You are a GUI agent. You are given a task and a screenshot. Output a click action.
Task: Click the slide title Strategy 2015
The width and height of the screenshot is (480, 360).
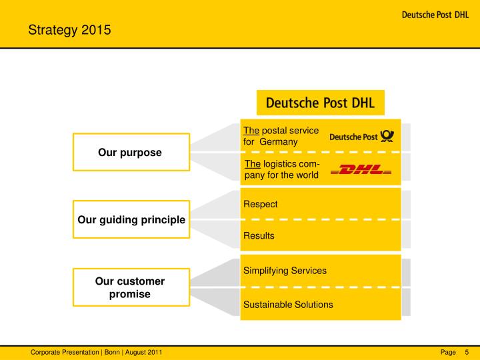(69, 29)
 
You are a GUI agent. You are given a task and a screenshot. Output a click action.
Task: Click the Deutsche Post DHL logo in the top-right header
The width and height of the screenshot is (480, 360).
(435, 15)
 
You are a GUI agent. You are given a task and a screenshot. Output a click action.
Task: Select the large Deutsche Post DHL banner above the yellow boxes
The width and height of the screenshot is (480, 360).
(320, 103)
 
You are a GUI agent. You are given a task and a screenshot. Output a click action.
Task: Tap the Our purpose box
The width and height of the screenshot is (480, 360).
(130, 153)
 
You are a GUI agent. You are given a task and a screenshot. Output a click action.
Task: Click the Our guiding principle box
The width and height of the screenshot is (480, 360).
(131, 219)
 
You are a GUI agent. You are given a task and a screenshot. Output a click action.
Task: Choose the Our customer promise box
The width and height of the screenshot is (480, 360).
(130, 287)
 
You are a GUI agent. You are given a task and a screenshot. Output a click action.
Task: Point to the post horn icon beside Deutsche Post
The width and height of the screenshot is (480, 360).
(387, 137)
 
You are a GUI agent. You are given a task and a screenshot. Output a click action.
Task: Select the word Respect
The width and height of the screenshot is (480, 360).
(260, 204)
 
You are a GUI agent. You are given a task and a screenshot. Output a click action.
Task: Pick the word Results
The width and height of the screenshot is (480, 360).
(259, 235)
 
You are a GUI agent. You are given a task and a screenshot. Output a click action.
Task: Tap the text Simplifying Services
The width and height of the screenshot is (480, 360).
(285, 270)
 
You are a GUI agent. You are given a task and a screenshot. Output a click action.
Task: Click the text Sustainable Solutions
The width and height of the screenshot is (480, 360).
(288, 305)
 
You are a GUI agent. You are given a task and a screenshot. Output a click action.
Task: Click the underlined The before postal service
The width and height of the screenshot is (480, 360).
(251, 131)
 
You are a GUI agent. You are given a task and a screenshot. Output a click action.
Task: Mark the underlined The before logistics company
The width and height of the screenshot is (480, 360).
(253, 164)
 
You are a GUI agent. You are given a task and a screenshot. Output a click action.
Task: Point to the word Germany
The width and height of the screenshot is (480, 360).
(279, 142)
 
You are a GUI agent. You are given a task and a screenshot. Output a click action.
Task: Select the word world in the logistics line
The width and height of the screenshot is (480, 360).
(307, 175)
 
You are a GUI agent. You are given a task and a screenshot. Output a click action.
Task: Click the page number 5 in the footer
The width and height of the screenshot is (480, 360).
(467, 352)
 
